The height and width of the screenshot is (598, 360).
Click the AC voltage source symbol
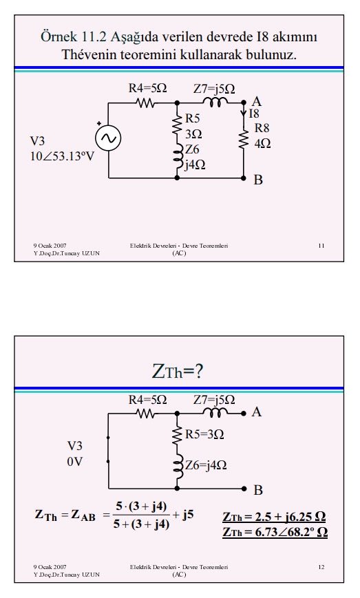[108, 138]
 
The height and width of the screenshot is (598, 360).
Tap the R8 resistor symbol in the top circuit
[243, 139]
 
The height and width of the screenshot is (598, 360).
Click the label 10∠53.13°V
[62, 156]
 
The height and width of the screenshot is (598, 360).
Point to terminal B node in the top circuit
[244, 178]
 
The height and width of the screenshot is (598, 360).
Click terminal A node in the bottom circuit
[244, 413]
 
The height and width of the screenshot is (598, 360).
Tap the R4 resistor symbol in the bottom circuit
[145, 413]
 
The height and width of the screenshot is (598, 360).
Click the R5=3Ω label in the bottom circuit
[204, 434]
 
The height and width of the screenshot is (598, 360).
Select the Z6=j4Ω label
[206, 465]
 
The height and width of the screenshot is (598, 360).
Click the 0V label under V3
[75, 462]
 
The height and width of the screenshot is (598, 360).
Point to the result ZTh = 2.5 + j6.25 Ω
[274, 517]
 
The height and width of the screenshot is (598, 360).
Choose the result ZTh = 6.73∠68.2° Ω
[275, 532]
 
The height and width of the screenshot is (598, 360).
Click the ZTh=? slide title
[178, 371]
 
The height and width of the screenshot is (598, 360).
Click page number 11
[321, 246]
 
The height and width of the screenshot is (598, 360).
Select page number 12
[321, 567]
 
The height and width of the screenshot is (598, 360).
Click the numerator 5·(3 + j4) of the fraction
[142, 506]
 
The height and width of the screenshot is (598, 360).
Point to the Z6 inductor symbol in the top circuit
[178, 158]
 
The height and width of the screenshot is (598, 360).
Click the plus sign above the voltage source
[99, 123]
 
